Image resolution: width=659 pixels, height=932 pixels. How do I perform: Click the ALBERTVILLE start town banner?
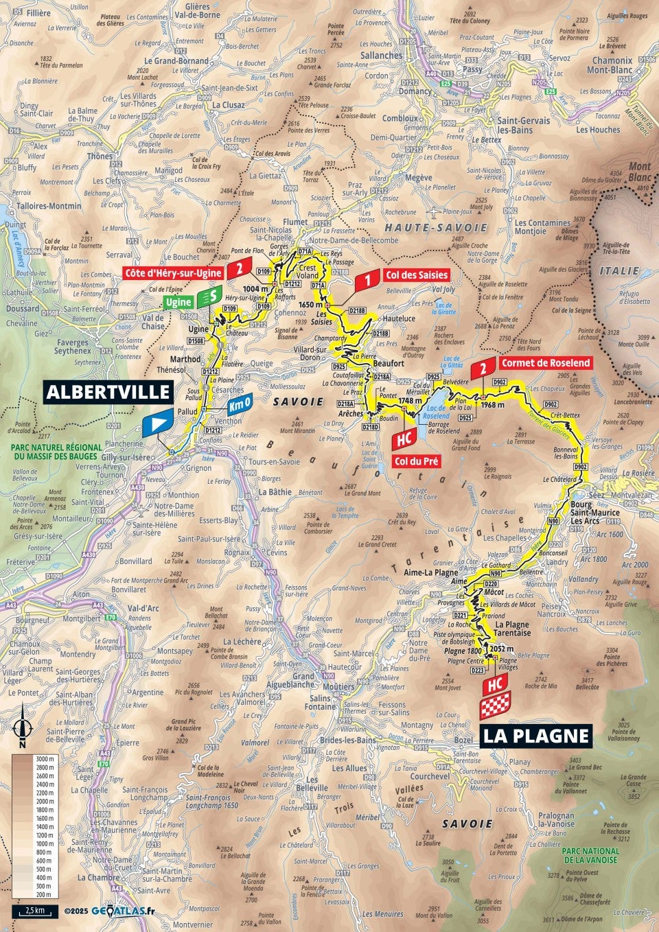click(108, 391)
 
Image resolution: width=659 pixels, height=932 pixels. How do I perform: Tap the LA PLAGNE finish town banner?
click(535, 736)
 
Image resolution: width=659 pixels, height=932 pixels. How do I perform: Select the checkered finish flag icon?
click(495, 706)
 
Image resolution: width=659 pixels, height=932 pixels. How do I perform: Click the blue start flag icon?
click(157, 423)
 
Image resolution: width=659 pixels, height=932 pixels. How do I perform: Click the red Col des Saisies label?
click(416, 275)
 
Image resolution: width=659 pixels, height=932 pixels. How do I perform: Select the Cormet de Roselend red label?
click(545, 363)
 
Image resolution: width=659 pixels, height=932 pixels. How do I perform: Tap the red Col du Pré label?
click(417, 461)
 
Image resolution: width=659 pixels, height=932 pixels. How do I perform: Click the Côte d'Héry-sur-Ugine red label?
click(174, 272)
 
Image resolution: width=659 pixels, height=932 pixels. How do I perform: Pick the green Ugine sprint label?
click(178, 303)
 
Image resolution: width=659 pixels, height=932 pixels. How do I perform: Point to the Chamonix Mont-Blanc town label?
click(612, 65)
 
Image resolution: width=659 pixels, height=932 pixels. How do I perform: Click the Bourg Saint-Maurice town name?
click(594, 508)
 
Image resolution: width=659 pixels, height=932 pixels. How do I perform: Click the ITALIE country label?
click(619, 271)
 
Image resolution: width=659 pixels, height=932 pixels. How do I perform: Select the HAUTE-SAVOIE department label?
click(436, 227)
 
